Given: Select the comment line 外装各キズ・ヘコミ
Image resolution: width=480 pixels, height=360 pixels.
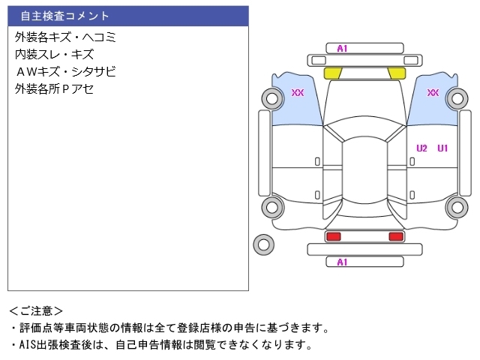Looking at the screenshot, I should click(65, 37).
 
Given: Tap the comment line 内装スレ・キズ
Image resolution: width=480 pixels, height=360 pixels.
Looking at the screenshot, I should click(54, 54).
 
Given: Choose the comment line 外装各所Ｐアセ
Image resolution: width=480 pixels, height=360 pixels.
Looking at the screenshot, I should click(54, 88).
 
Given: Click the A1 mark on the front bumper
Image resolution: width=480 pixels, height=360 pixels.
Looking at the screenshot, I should click(342, 49).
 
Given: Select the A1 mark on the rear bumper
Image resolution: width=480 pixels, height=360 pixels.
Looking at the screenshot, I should click(342, 262).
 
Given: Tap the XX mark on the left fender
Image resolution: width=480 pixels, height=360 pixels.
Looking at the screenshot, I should click(298, 93).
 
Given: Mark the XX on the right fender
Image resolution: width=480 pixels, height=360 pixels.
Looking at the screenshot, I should click(433, 93).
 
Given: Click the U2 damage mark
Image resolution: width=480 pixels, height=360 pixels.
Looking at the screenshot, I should click(421, 148).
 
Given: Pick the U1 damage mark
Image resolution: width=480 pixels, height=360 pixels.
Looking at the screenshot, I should click(442, 148).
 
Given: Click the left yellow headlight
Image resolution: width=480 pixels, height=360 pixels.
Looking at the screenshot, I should click(332, 73).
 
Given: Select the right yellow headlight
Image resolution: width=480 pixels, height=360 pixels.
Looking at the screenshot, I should click(397, 73).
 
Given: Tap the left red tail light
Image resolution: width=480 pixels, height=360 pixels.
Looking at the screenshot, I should click(332, 236).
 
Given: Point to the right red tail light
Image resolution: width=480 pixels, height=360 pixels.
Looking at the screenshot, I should click(395, 236).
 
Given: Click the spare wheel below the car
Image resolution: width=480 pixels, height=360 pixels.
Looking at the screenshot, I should click(263, 244).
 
